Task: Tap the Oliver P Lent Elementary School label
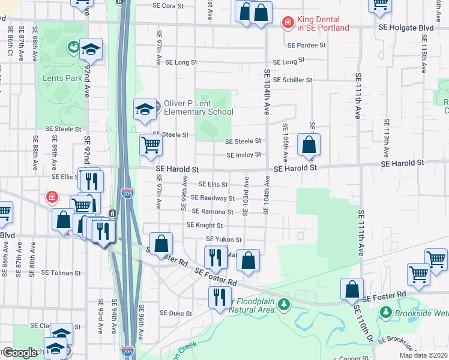(x=199, y=108)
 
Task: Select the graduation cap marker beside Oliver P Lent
(x=145, y=109)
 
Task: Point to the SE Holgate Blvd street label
(x=406, y=28)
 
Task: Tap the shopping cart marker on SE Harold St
(x=151, y=145)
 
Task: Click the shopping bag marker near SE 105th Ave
(x=309, y=145)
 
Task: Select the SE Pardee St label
(x=306, y=45)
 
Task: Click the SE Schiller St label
(x=292, y=80)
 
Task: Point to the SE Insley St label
(x=244, y=155)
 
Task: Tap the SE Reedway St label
(x=212, y=198)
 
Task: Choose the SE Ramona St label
(x=212, y=212)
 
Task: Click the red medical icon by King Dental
(x=288, y=23)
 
